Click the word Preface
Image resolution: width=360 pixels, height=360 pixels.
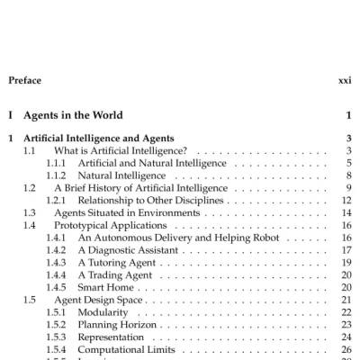click(x=24, y=80)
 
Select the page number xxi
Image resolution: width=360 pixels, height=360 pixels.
click(x=344, y=80)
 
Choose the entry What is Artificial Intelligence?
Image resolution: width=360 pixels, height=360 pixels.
click(x=120, y=150)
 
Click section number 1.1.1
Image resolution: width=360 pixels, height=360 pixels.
click(x=57, y=163)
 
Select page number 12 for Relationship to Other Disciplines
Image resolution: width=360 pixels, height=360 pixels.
click(x=346, y=201)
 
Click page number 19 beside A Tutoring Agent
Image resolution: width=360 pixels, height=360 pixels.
click(x=346, y=263)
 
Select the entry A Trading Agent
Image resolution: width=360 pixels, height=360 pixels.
click(x=114, y=275)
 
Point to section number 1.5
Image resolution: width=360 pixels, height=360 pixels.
click(x=31, y=300)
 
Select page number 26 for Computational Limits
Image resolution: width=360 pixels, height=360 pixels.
click(x=346, y=350)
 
